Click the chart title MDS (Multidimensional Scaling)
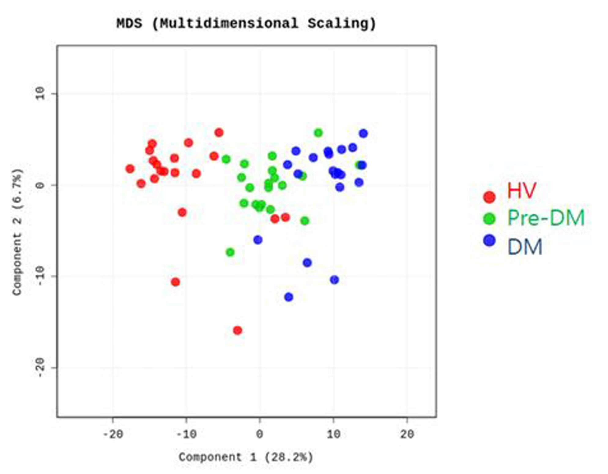246,24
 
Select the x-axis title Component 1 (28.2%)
246,457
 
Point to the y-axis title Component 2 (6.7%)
17,232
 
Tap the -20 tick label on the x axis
113,434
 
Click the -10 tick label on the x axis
186,434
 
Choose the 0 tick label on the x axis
260,434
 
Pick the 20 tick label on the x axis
407,434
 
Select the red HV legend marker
489,197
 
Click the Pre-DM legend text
546,218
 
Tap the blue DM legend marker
489,240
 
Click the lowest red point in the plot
238,330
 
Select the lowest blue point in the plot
289,297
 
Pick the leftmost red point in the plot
130,168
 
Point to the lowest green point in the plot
230,252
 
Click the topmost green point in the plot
318,133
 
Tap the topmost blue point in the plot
363,133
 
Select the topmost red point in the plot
219,132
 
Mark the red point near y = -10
176,282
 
